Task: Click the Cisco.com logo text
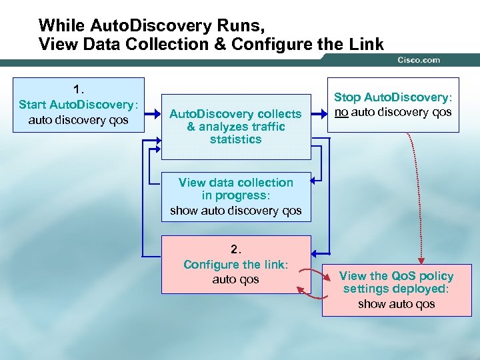click(x=419, y=60)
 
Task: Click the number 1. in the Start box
click(x=79, y=89)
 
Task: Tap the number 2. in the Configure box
click(x=235, y=249)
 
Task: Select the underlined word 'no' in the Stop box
click(x=341, y=112)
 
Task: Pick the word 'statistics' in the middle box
click(x=235, y=139)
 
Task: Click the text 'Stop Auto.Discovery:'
click(x=393, y=98)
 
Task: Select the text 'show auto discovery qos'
click(x=235, y=211)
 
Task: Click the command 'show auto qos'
click(x=396, y=304)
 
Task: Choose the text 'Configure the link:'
click(x=235, y=265)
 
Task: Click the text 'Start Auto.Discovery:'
click(x=79, y=104)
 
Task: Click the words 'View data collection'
click(x=235, y=182)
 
